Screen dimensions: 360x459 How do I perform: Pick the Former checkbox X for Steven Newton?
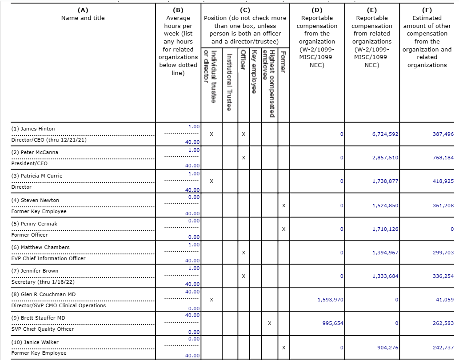pos(283,206)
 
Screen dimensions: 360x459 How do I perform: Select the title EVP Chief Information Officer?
pos(48,258)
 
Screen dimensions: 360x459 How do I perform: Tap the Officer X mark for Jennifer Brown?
pos(243,276)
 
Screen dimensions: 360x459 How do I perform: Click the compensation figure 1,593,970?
pos(330,300)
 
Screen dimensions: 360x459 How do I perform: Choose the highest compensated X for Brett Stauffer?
pos(270,323)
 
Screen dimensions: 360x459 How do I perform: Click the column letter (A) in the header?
pos(83,10)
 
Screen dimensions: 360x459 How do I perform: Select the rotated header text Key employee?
pos(255,71)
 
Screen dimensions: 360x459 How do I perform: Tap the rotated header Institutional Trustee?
pos(229,82)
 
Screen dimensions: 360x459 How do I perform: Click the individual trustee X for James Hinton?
pos(212,134)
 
